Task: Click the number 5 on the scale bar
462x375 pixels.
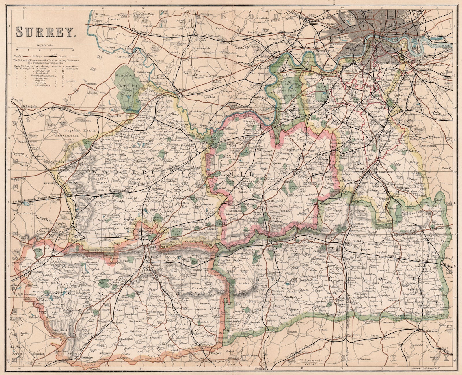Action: coord(73,50)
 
